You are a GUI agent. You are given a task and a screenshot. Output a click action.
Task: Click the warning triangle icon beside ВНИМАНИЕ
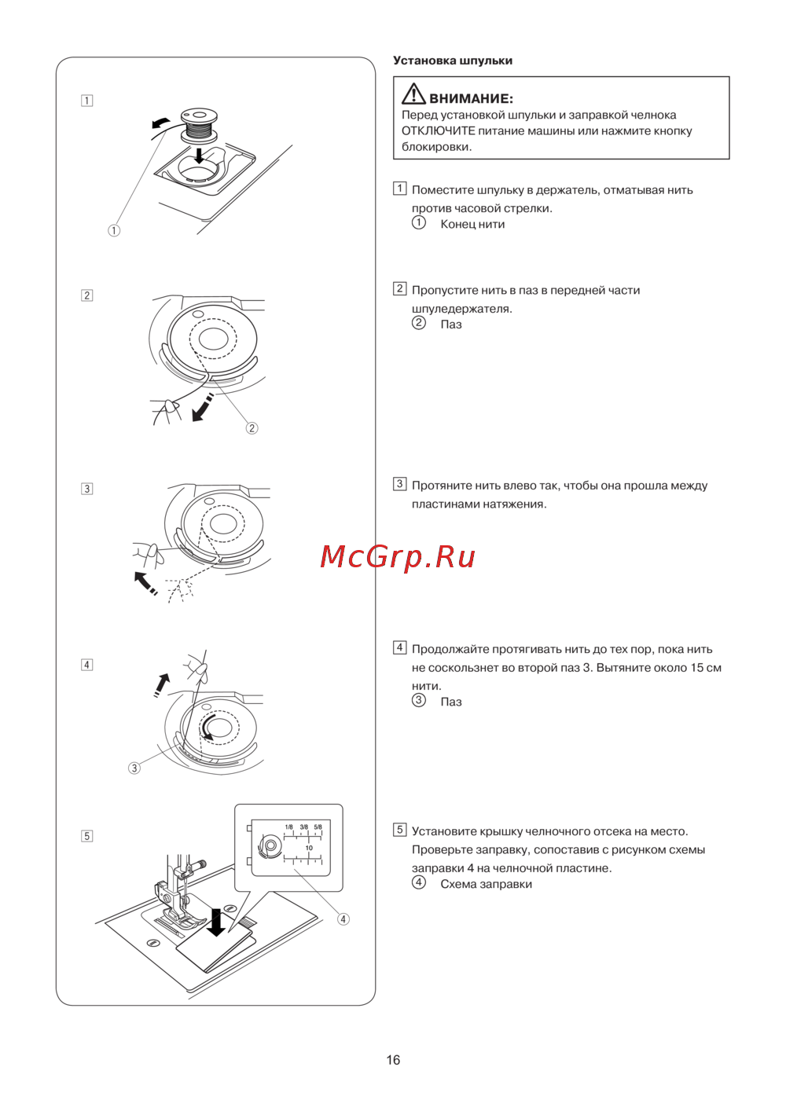point(413,94)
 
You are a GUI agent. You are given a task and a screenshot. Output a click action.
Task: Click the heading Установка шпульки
point(453,60)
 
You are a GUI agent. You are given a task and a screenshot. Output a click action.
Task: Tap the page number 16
point(393,1060)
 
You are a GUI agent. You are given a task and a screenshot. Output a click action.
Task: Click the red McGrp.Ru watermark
point(398,557)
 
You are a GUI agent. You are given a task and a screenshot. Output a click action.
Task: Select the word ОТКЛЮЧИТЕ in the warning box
point(438,131)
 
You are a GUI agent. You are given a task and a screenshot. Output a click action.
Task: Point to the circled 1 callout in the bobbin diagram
point(114,230)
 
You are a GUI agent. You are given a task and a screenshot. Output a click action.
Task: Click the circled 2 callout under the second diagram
point(252,428)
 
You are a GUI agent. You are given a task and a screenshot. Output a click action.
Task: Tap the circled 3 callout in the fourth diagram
point(134,768)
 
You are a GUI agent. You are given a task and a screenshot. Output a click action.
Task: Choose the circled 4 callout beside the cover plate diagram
point(343,919)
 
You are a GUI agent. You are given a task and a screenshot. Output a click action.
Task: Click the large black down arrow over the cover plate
point(216,922)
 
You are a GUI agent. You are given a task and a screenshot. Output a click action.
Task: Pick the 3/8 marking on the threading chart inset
point(303,827)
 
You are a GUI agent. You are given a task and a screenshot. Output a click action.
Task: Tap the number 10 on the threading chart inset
point(309,848)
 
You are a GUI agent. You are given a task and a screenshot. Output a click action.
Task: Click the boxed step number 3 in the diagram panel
point(86,489)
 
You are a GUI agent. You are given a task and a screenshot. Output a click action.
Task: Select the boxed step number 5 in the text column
point(399,829)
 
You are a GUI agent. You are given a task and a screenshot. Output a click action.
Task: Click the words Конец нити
point(472,224)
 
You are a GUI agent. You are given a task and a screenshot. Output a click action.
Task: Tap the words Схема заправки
point(487,884)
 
